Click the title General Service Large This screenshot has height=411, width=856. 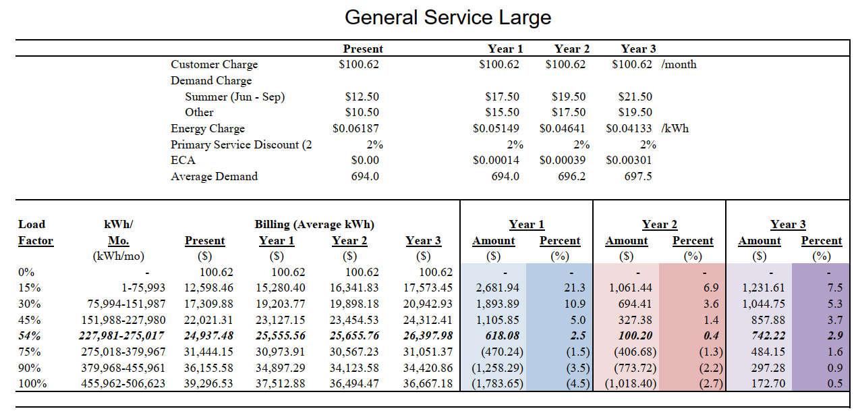point(447,18)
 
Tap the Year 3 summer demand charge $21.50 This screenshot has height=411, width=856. point(635,97)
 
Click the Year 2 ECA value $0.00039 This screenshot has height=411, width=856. point(562,161)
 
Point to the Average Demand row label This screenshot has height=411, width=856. point(214,177)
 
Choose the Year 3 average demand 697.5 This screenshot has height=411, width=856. point(639,177)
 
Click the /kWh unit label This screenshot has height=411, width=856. point(676,128)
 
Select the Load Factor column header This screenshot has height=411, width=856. point(35,232)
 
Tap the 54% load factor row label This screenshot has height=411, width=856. point(29,335)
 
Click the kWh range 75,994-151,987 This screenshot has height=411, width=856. point(127,304)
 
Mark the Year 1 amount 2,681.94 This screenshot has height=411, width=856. point(494,287)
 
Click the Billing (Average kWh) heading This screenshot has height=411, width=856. point(314,224)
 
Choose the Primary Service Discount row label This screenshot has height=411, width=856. point(241,144)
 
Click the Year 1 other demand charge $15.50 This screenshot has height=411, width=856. point(502,113)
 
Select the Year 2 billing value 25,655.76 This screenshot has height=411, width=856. point(349,335)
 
